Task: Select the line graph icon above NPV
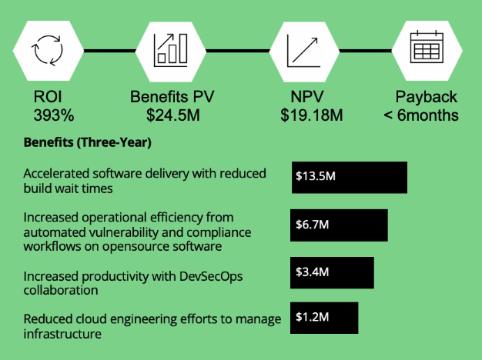pyautogui.click(x=303, y=50)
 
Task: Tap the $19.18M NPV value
pyautogui.click(x=311, y=116)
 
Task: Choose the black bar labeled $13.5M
pyautogui.click(x=349, y=177)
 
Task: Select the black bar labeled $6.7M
pyautogui.click(x=339, y=225)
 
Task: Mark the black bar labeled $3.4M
pyautogui.click(x=332, y=273)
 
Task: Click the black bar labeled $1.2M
pyautogui.click(x=324, y=318)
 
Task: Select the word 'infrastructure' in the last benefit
pyautogui.click(x=62, y=334)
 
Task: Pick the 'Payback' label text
pyautogui.click(x=426, y=98)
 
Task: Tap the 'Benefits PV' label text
pyautogui.click(x=172, y=98)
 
